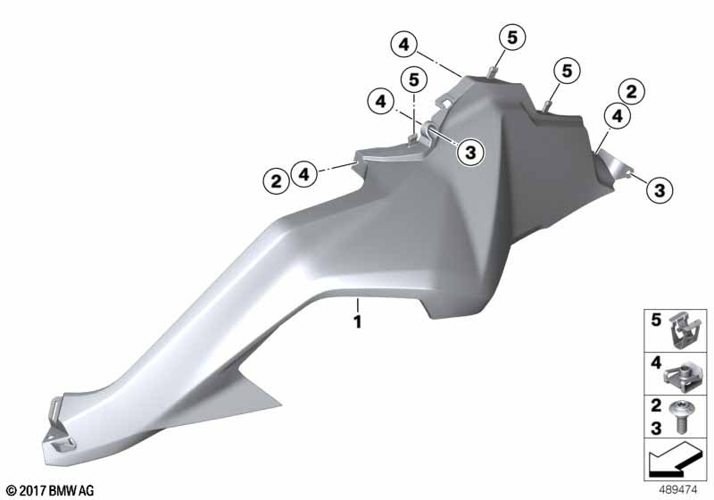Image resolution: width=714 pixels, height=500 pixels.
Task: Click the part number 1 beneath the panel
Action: point(358,321)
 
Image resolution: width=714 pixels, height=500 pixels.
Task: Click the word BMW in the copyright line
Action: point(62,490)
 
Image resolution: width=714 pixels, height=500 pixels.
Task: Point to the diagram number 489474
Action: point(678,489)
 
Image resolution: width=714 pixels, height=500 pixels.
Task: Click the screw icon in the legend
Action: point(680,416)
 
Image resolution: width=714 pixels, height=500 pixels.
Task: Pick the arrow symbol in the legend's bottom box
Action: point(675,459)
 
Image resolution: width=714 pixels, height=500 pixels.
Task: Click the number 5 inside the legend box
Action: point(656,320)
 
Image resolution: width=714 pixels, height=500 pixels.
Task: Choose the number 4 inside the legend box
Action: point(656,362)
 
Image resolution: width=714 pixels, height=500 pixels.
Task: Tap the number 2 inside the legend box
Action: point(656,404)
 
